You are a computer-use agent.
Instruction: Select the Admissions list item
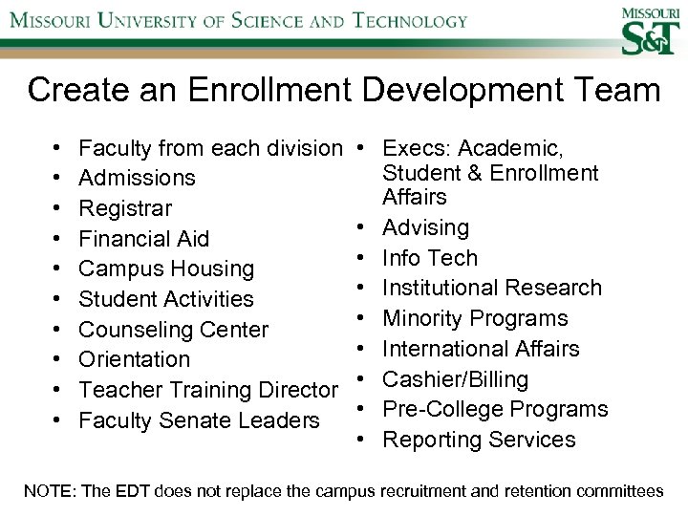137,178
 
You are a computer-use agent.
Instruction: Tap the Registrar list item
125,208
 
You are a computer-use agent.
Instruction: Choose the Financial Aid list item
143,238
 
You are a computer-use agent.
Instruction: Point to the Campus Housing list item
166,269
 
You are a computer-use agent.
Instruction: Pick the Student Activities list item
166,299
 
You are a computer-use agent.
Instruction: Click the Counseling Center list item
174,330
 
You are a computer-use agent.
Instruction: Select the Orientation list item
135,359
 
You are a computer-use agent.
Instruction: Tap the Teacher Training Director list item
208,390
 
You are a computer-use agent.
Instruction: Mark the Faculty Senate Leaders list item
199,420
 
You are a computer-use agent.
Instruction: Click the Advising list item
425,227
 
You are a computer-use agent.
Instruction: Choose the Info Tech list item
429,258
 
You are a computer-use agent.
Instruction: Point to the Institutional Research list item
491,288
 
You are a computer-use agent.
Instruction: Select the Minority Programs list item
475,318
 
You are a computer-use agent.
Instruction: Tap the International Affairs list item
481,349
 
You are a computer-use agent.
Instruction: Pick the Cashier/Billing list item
455,379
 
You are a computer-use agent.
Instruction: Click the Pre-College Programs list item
494,409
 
